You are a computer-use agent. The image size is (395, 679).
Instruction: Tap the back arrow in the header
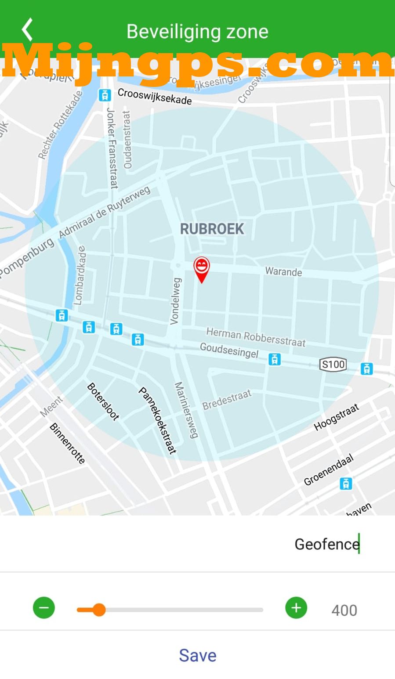coord(27,30)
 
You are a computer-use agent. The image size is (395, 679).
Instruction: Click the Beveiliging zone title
coord(197,32)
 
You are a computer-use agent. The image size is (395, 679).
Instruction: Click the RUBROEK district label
coord(212,229)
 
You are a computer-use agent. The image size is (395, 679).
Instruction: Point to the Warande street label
coord(283,271)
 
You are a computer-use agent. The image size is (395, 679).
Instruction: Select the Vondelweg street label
coord(175,301)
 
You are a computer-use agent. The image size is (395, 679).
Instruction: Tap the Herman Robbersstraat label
coord(256,337)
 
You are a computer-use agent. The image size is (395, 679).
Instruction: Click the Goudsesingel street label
coord(229,350)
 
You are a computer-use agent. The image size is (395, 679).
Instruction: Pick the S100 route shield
coord(333,364)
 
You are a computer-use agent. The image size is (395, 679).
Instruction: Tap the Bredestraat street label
coord(227,400)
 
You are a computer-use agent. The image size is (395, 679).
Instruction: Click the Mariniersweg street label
coord(186,410)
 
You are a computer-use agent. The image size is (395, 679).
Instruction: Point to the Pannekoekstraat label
coord(158,420)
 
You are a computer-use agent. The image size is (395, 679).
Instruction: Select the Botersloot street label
coord(103,401)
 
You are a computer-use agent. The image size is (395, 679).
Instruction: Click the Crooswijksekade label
coord(155,97)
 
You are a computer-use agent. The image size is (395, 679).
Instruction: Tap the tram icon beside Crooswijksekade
coord(104,95)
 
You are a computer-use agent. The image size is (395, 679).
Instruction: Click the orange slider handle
coord(99,610)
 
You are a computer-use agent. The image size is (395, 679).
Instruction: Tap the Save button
coord(197,655)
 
